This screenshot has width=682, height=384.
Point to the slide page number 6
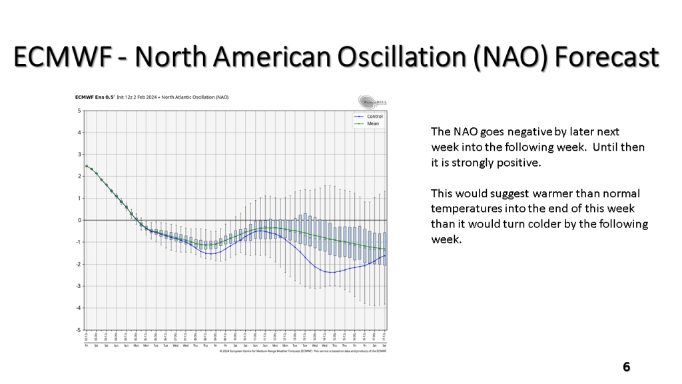(626, 367)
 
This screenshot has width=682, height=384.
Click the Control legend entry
(374, 117)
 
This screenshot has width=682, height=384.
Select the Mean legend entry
(372, 123)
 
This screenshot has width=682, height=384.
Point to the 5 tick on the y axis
(80, 111)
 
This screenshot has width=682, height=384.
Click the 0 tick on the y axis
(80, 220)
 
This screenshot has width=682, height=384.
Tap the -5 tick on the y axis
(79, 330)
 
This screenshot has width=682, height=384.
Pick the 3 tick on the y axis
(80, 155)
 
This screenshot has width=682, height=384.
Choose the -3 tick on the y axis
(79, 286)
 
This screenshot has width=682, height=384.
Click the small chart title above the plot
(152, 97)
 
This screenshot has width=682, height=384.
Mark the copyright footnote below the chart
(303, 353)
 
